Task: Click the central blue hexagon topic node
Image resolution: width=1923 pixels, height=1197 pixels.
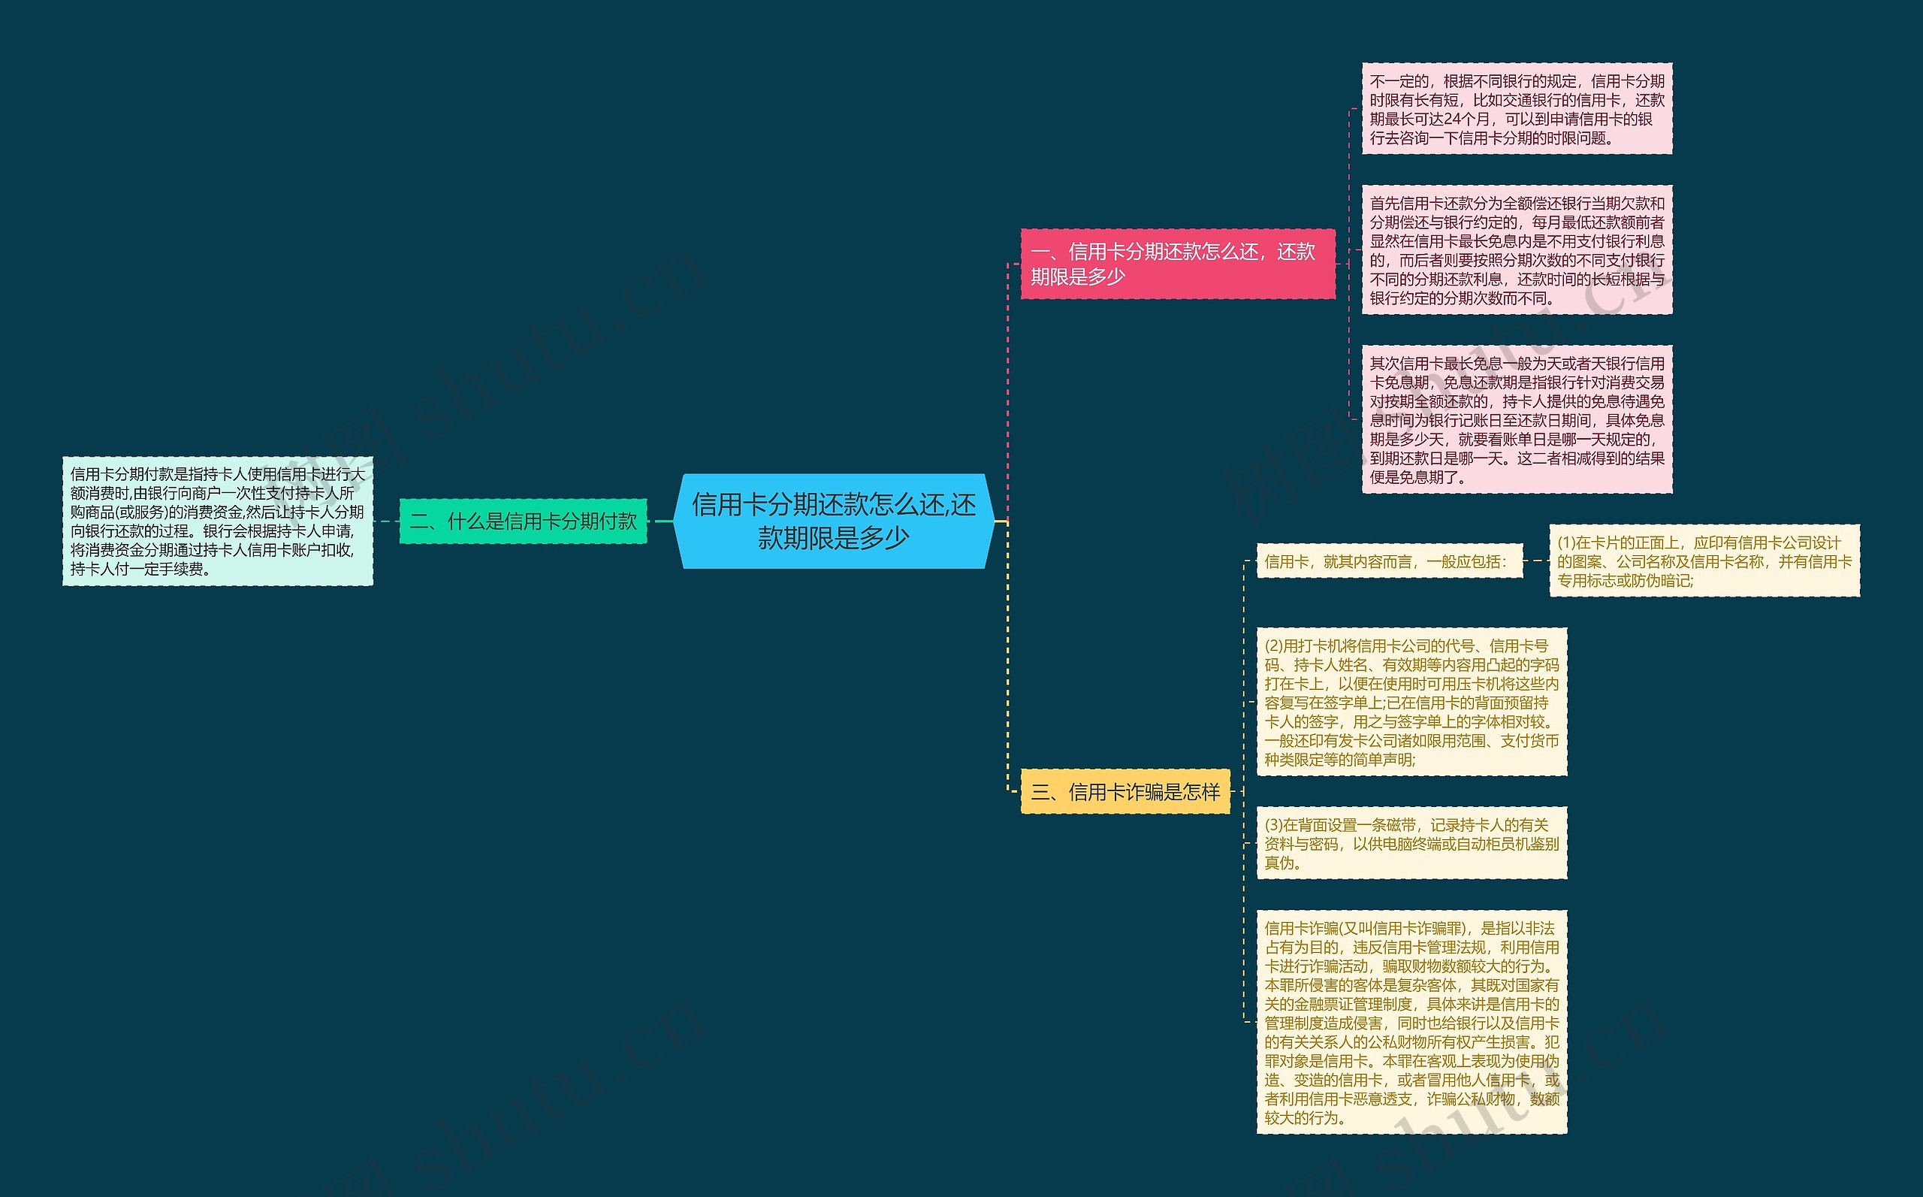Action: pyautogui.click(x=834, y=521)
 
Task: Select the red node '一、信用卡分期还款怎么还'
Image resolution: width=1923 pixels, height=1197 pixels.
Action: pyautogui.click(x=1177, y=264)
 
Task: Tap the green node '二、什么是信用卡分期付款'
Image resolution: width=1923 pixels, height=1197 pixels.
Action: pyautogui.click(x=523, y=521)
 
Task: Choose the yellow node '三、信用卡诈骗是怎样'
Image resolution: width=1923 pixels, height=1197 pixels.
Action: pyautogui.click(x=1125, y=792)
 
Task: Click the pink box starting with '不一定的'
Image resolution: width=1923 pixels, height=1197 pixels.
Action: pyautogui.click(x=1517, y=109)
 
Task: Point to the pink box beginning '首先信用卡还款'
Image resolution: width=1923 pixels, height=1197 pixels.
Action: pyautogui.click(x=1517, y=250)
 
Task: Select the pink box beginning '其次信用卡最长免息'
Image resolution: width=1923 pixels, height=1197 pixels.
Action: pyautogui.click(x=1517, y=419)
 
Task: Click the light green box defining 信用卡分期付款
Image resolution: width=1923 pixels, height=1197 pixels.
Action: pyautogui.click(x=218, y=521)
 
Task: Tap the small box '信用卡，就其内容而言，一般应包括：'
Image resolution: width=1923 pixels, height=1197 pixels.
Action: pyautogui.click(x=1389, y=561)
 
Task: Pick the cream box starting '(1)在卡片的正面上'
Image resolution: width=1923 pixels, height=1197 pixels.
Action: pyautogui.click(x=1704, y=561)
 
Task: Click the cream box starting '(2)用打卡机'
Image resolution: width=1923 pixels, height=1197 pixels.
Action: pyautogui.click(x=1411, y=703)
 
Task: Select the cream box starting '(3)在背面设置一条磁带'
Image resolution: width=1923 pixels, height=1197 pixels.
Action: pyautogui.click(x=1411, y=843)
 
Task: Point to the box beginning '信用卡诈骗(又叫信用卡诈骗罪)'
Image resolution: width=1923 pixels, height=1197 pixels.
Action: pyautogui.click(x=1411, y=1023)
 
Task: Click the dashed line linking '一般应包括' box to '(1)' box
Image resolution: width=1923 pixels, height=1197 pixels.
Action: pyautogui.click(x=1535, y=561)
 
